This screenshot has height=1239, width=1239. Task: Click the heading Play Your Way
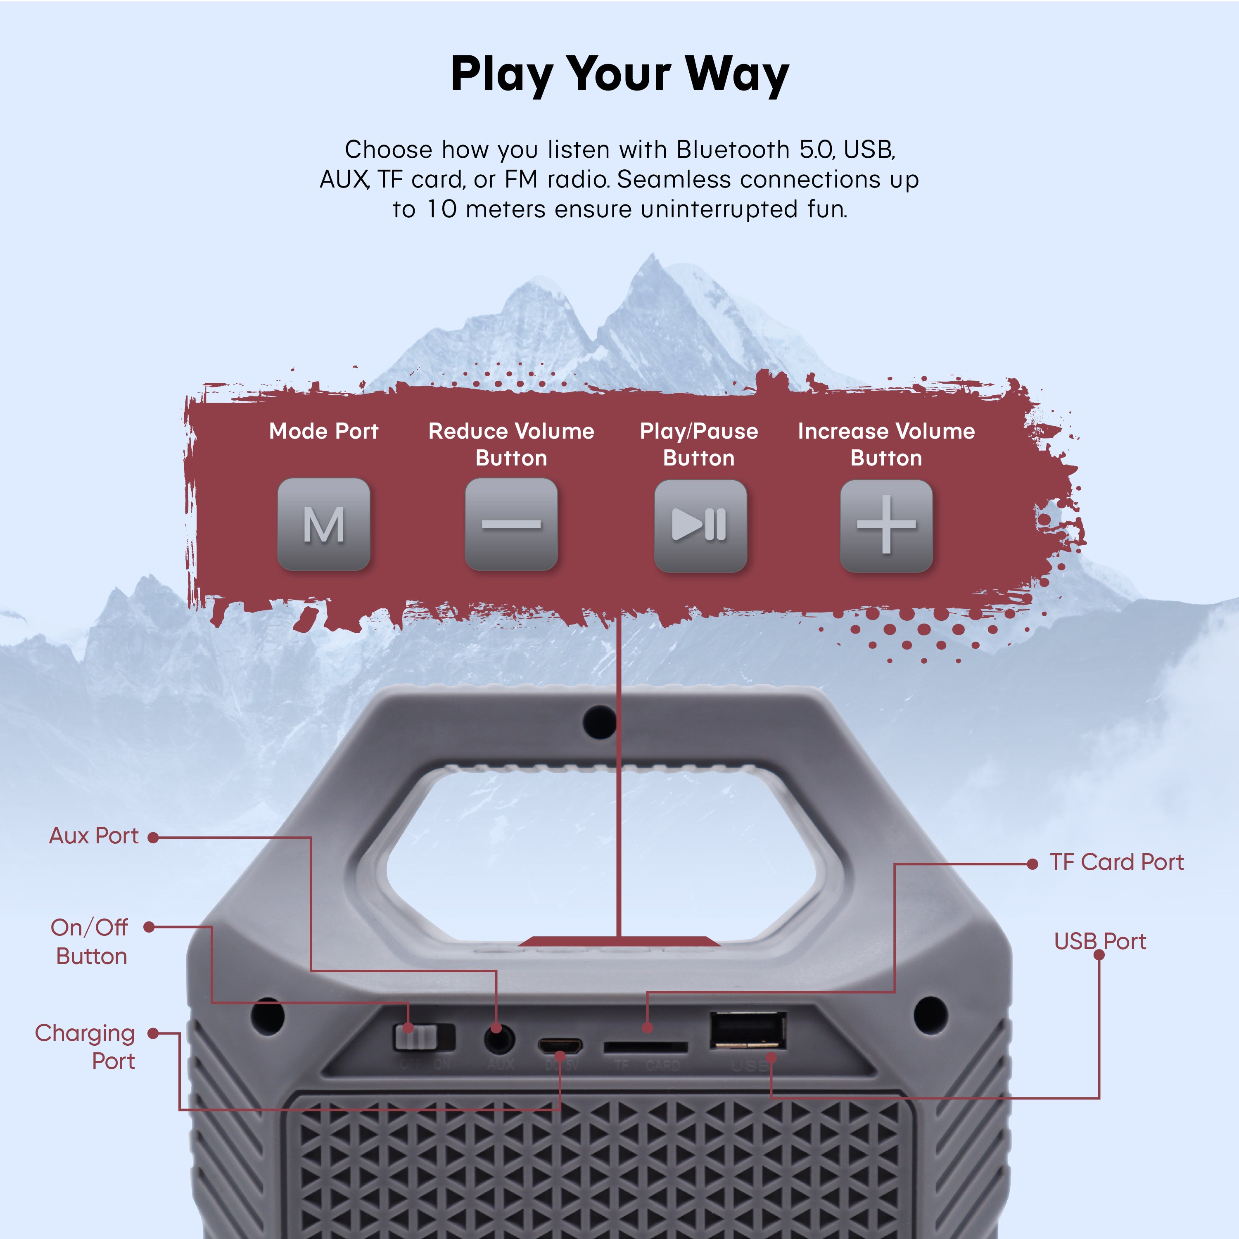tap(619, 74)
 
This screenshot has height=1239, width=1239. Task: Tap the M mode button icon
tap(323, 525)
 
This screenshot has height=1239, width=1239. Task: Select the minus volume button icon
tap(511, 525)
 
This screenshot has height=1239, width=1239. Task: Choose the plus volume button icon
tap(886, 526)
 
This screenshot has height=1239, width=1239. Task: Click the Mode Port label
tap(323, 431)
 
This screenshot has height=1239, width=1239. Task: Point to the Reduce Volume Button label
tap(511, 444)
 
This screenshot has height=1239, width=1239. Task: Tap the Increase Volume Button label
tap(886, 444)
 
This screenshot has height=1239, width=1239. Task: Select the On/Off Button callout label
tap(90, 942)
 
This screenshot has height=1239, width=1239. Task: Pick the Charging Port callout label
tap(85, 1047)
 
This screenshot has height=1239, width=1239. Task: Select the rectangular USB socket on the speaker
tap(748, 1030)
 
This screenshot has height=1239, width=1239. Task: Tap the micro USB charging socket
tap(560, 1046)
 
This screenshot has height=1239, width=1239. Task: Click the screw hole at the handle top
tap(600, 721)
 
